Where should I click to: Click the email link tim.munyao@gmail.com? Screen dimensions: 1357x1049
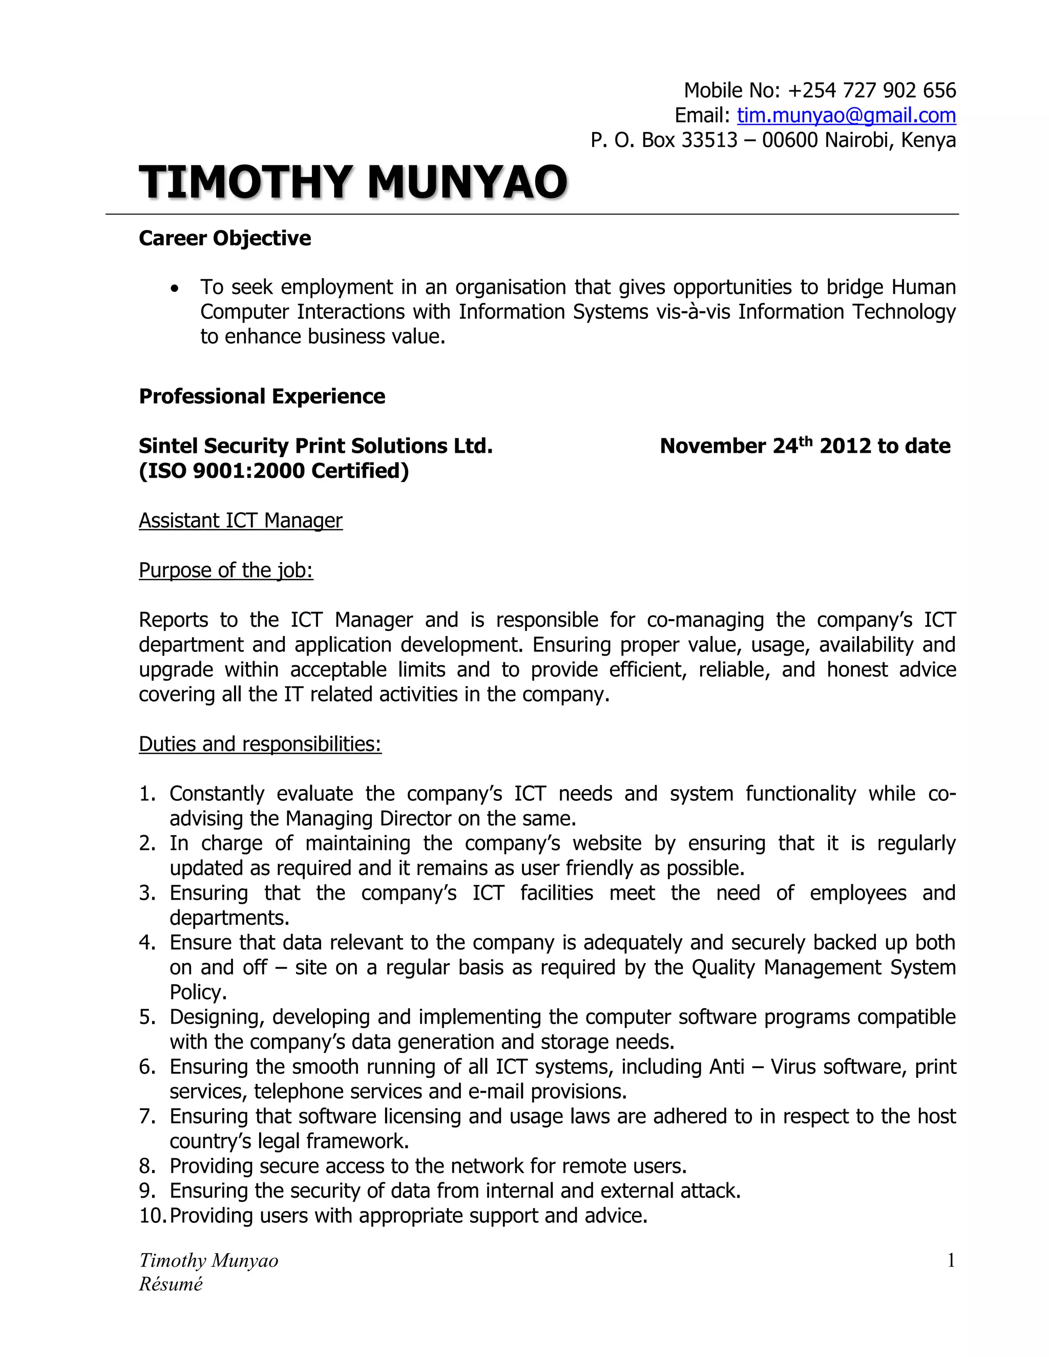click(846, 116)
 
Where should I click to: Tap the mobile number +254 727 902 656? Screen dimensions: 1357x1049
click(871, 91)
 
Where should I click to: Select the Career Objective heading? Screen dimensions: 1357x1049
click(224, 238)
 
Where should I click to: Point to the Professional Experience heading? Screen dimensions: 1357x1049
click(262, 396)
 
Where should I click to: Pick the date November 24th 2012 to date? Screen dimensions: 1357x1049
click(804, 446)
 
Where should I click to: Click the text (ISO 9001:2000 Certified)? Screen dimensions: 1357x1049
click(274, 471)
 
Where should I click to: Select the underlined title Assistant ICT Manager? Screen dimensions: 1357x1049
click(241, 521)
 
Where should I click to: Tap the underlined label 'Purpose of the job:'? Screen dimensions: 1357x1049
click(225, 570)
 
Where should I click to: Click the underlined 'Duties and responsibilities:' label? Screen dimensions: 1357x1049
click(260, 744)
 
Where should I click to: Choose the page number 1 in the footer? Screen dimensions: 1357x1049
click(950, 1261)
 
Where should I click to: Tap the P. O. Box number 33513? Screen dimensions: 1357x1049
click(709, 140)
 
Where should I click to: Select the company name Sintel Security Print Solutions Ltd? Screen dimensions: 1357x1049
click(315, 446)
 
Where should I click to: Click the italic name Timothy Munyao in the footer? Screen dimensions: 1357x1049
click(208, 1261)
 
